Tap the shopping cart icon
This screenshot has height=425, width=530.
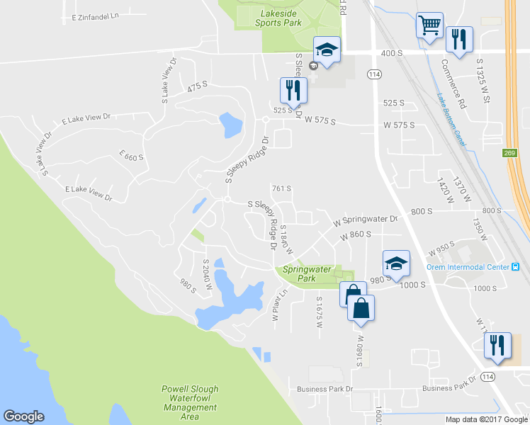tap(429, 26)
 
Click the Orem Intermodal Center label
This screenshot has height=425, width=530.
tap(468, 267)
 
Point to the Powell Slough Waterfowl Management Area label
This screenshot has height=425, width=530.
tap(190, 402)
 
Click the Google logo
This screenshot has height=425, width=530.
tap(24, 416)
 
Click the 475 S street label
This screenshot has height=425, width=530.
tap(198, 86)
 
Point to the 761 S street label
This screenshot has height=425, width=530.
tap(282, 188)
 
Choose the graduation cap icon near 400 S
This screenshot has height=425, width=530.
tap(327, 50)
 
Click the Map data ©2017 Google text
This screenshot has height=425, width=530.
tap(486, 419)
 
